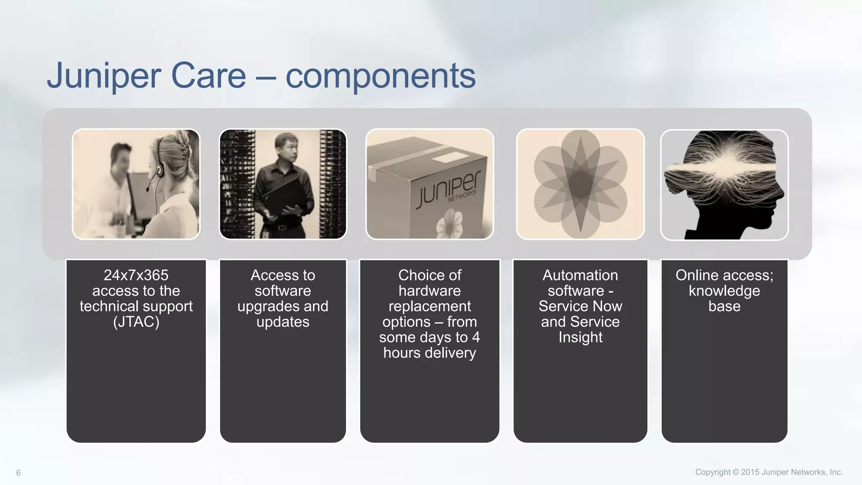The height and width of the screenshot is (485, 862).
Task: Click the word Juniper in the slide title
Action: pyautogui.click(x=104, y=76)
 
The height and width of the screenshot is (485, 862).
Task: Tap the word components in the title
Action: pyautogui.click(x=380, y=76)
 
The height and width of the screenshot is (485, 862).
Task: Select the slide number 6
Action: pyautogui.click(x=18, y=473)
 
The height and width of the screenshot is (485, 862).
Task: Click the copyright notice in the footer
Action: pyautogui.click(x=769, y=472)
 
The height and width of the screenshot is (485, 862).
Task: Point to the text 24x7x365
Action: pyautogui.click(x=136, y=275)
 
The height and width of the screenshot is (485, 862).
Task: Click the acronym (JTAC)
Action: pyautogui.click(x=136, y=322)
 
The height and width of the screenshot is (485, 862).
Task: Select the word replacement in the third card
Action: pyautogui.click(x=429, y=306)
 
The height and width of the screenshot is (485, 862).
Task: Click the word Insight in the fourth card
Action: pyautogui.click(x=580, y=338)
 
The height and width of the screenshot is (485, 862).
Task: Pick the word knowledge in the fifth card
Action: pyautogui.click(x=724, y=291)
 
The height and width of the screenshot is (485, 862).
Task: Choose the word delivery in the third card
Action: pyautogui.click(x=450, y=353)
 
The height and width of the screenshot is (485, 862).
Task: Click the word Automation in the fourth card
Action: pyautogui.click(x=580, y=275)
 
